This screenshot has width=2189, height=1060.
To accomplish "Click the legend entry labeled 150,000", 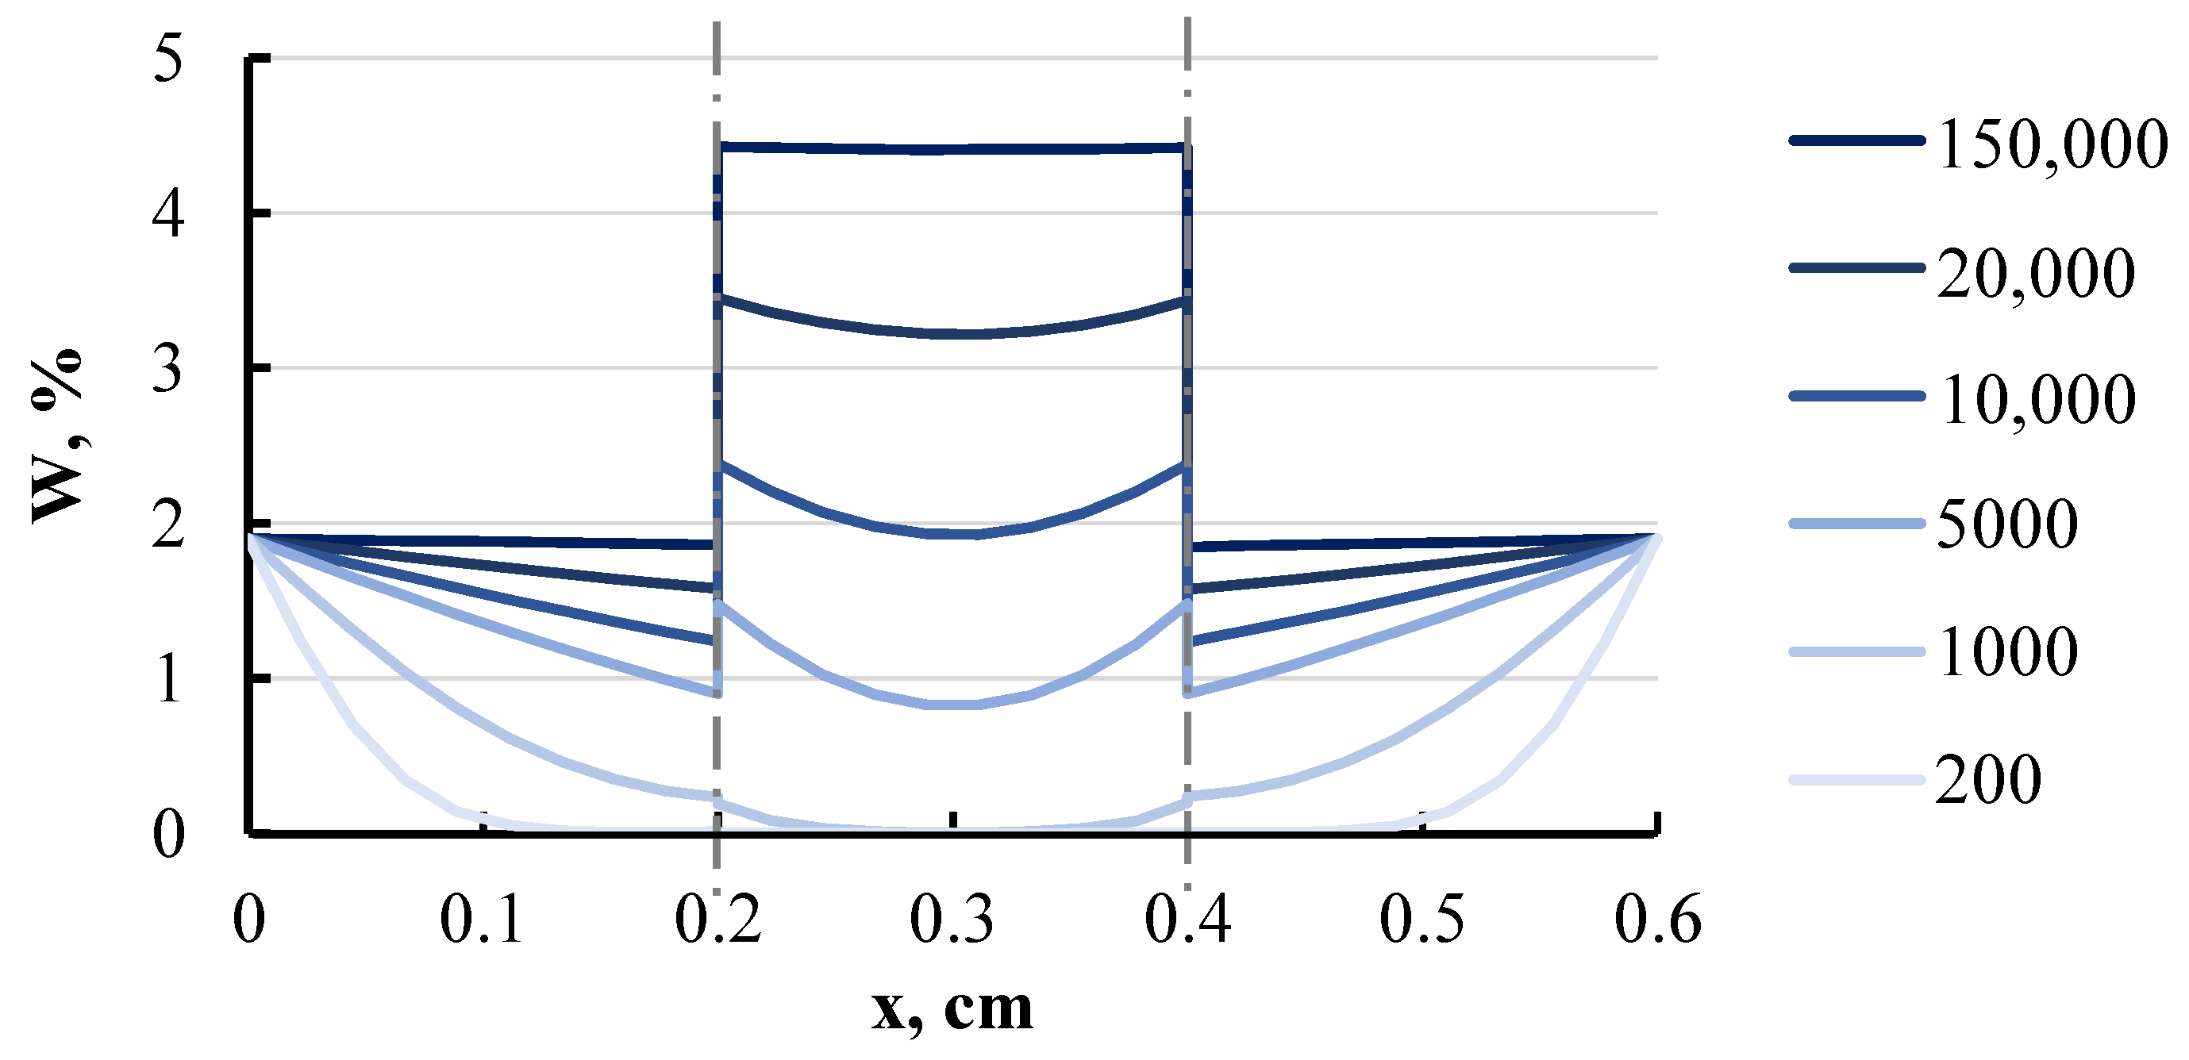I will [x=2052, y=143].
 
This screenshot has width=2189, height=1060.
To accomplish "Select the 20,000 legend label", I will [x=2036, y=272].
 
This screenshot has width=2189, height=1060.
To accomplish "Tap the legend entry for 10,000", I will [x=2036, y=398].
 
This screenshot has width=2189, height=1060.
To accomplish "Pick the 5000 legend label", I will [x=2007, y=524].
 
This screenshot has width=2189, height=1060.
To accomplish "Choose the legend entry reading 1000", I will [x=2007, y=651].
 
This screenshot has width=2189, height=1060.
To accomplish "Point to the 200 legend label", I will [x=1988, y=779].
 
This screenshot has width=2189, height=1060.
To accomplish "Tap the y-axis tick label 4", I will [x=168, y=213].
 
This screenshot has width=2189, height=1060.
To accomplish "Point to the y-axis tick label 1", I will [x=168, y=678].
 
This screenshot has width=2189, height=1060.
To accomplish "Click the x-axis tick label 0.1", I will [x=481, y=919].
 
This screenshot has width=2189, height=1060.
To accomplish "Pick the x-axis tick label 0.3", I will [x=952, y=919].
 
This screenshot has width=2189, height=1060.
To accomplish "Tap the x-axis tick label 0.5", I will [x=1422, y=919].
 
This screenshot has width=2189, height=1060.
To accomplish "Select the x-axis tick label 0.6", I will [x=1657, y=919].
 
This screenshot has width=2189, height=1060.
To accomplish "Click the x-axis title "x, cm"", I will [x=952, y=1009].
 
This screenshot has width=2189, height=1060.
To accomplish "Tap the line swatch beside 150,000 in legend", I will [x=1856, y=141].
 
